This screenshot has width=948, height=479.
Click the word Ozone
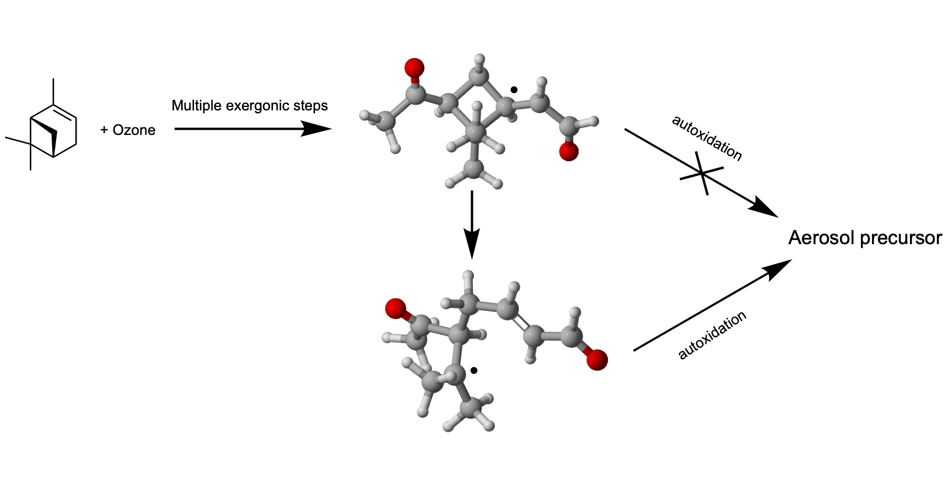[x=134, y=130]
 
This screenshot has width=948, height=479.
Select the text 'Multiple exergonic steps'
[x=250, y=106]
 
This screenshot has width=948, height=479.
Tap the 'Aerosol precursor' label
[x=864, y=238]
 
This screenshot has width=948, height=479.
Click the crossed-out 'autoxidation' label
[x=707, y=138]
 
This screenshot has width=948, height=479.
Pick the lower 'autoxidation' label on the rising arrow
[x=712, y=335]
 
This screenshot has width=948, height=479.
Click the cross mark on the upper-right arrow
[x=702, y=173]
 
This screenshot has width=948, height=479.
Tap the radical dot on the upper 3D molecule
[x=514, y=90]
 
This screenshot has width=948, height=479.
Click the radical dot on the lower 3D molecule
[x=474, y=370]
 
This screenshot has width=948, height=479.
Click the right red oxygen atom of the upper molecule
[x=568, y=152]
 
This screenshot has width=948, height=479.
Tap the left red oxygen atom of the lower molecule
[x=396, y=308]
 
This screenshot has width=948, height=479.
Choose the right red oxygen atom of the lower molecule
[x=597, y=360]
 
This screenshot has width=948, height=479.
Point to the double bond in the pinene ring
[x=65, y=112]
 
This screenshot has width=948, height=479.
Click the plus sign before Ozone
[x=104, y=130]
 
